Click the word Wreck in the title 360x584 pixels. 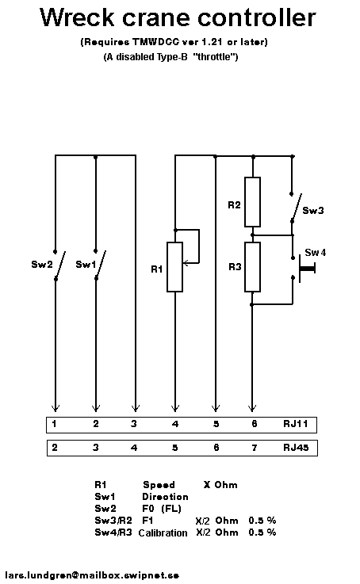[x=77, y=17]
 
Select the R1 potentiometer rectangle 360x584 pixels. [x=174, y=267]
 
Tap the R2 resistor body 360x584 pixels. [x=252, y=202]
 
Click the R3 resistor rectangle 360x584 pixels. [x=252, y=267]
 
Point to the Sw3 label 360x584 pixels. [x=313, y=211]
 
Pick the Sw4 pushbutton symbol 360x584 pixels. [x=304, y=267]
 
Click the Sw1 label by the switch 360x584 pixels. [x=86, y=265]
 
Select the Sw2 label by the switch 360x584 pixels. [x=42, y=265]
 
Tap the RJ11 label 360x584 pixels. [x=296, y=424]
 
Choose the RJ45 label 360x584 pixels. [x=296, y=448]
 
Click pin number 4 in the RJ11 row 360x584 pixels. [x=175, y=424]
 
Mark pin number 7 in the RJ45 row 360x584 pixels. [x=255, y=448]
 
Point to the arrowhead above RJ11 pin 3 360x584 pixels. [x=136, y=408]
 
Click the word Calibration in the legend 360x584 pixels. [x=163, y=532]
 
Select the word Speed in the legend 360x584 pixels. [x=159, y=485]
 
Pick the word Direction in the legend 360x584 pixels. [x=165, y=497]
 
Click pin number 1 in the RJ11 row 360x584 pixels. [x=55, y=424]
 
